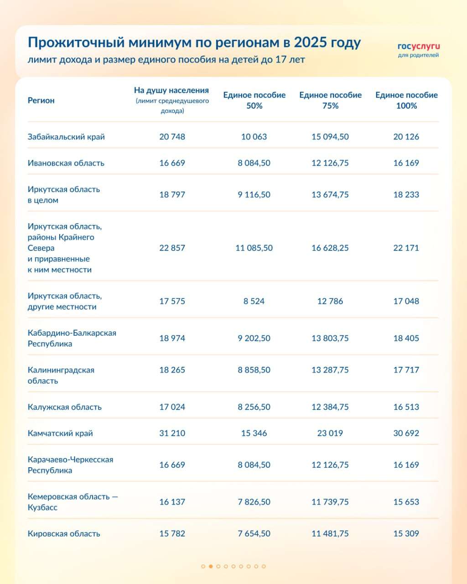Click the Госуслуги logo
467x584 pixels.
418,49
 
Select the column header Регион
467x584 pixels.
41,100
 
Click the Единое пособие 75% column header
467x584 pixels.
330,100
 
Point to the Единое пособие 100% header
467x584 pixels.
406,100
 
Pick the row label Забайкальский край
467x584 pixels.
66,136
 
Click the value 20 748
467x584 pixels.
172,136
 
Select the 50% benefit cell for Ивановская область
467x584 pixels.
254,163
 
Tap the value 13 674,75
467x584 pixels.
330,194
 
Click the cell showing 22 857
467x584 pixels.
172,248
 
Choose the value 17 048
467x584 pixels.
406,301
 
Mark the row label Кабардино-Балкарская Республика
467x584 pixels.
72,338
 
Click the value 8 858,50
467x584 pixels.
254,370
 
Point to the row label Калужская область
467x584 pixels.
64,407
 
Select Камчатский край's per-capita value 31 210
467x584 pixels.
172,433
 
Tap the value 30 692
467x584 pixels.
406,433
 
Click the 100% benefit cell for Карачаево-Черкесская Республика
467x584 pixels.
406,465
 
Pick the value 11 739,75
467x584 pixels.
330,502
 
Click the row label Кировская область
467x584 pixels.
64,533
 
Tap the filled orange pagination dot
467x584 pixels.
211,566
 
